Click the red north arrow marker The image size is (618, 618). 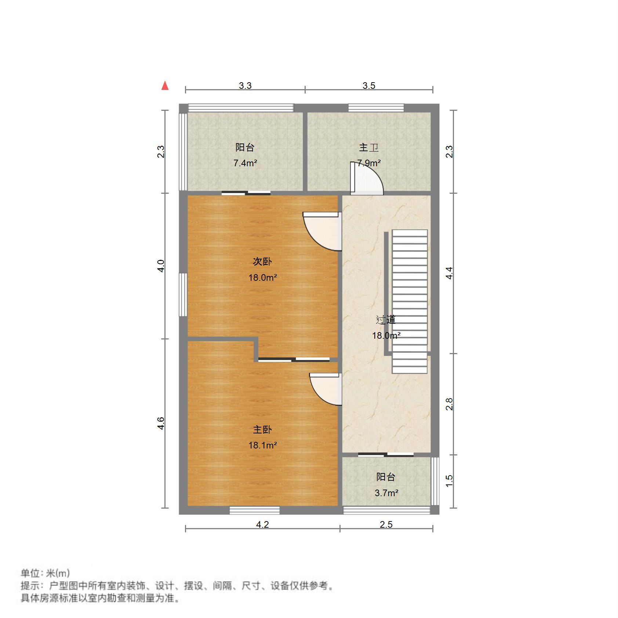(x=165, y=86)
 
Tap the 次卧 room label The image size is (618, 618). (x=262, y=262)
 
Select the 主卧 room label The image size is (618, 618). (x=262, y=429)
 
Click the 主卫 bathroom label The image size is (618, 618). (x=369, y=148)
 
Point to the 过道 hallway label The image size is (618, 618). (x=386, y=320)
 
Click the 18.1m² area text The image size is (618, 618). (x=262, y=446)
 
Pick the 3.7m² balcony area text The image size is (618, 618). (x=386, y=493)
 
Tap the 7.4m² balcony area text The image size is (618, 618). (x=245, y=163)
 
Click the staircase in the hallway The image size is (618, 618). (x=410, y=301)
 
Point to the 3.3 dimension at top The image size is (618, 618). (x=245, y=86)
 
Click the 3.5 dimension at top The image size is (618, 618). (x=369, y=86)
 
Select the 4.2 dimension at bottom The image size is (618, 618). (x=262, y=525)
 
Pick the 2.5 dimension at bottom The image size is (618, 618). (x=386, y=525)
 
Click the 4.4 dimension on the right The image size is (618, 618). (x=450, y=273)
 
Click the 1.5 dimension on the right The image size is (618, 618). (x=450, y=481)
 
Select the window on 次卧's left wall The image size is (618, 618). (x=183, y=294)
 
